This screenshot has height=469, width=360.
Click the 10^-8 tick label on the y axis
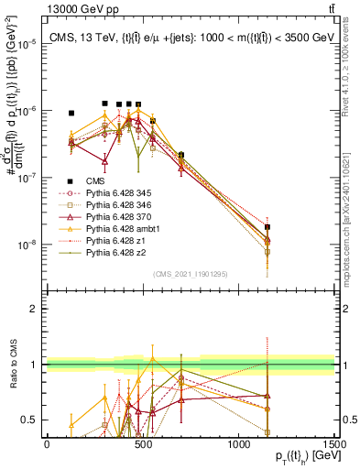[27, 245]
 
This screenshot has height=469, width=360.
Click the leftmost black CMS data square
[71, 113]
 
